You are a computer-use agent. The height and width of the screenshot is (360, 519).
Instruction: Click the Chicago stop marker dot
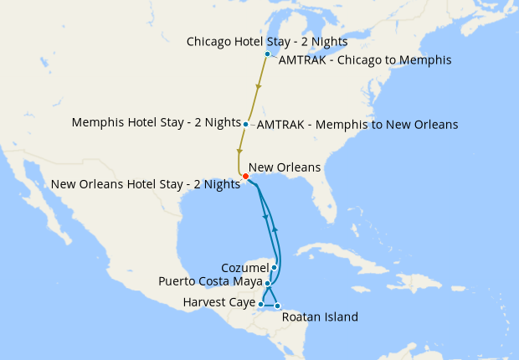267,54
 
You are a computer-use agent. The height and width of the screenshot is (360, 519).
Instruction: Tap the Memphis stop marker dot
245,125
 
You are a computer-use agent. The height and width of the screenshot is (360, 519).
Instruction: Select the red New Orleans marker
244,176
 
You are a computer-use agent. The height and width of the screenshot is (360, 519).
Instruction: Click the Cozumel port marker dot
274,268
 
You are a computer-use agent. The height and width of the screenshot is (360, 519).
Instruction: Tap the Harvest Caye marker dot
261,304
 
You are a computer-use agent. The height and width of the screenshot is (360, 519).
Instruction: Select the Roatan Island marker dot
277,306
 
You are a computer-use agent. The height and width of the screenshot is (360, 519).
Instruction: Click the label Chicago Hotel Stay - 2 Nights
267,41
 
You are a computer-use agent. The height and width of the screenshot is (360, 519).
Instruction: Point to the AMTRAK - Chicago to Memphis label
364,60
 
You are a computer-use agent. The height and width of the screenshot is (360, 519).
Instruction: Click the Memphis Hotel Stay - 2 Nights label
155,122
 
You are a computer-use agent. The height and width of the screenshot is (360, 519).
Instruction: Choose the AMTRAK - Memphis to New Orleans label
357,125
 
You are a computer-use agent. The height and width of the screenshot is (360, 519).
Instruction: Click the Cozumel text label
244,267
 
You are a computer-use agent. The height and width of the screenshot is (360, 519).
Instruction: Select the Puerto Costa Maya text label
211,281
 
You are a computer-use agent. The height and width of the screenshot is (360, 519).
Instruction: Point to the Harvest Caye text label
219,303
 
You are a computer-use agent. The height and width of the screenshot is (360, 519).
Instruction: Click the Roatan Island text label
320,317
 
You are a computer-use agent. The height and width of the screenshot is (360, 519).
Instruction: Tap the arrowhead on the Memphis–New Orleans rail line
239,152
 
